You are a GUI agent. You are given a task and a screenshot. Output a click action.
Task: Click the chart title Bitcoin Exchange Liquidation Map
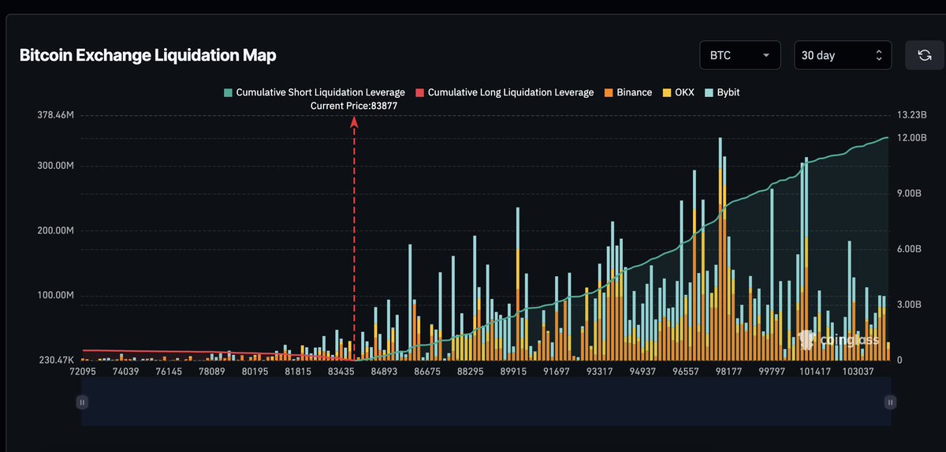point(147,55)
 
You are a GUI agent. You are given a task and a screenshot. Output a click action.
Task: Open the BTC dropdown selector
point(739,55)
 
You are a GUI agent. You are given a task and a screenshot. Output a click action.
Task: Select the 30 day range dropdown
point(843,55)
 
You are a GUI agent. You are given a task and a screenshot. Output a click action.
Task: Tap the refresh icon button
point(924,55)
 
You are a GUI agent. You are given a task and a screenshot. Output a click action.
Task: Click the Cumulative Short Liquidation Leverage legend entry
point(315,92)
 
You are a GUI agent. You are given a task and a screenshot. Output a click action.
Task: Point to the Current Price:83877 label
point(354,104)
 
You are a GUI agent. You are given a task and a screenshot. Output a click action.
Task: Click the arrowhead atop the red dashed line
point(354,121)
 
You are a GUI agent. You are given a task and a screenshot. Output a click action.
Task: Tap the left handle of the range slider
point(82,402)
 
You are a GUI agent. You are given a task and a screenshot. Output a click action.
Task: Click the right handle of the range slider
point(890,402)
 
